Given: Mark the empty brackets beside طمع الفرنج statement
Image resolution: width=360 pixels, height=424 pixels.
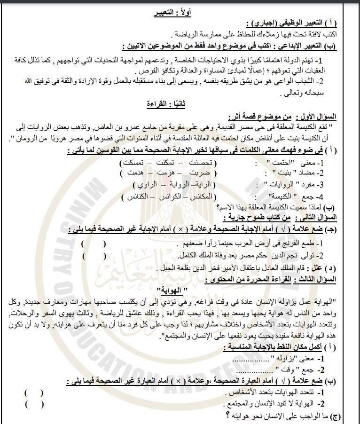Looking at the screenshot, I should [x=94, y=244].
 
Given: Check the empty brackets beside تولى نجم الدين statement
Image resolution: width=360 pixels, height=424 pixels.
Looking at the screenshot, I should [x=94, y=256].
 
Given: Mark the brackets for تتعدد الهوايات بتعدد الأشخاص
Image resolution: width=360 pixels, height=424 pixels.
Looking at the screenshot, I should [x=34, y=393].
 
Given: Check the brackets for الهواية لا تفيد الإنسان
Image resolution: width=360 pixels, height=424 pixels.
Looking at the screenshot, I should [x=34, y=404].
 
